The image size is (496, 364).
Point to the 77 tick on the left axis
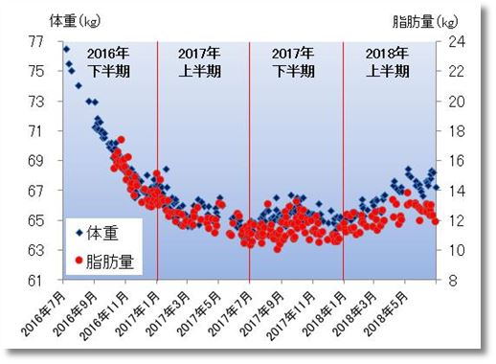(36, 41)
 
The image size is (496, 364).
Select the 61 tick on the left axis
(36, 281)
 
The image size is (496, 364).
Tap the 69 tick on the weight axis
(36, 161)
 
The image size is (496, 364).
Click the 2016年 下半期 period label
(108, 62)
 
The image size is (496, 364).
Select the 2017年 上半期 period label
(201, 62)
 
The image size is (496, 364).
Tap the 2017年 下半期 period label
(294, 62)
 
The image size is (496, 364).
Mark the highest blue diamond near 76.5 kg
(66, 49)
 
